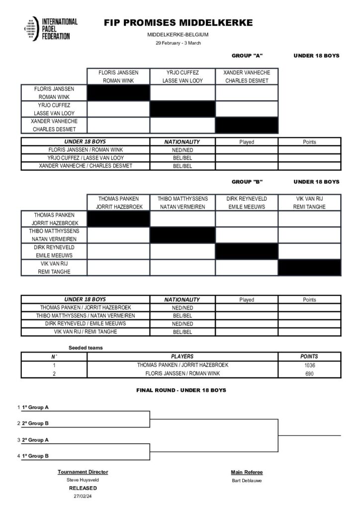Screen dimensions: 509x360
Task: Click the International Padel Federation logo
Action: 50,29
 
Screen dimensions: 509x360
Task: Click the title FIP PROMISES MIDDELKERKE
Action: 178,23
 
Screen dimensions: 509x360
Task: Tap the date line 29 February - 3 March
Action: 178,43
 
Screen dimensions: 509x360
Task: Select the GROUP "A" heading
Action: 247,56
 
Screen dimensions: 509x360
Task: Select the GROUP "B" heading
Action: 247,182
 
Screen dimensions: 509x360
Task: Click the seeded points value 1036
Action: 309,365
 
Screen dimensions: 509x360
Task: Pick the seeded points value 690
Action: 309,373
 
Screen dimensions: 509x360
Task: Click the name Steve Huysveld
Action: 83,480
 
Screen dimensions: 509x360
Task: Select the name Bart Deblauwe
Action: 246,480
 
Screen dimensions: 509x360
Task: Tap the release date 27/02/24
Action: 83,496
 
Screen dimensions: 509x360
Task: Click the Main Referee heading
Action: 246,472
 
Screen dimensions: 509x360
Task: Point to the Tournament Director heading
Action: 83,472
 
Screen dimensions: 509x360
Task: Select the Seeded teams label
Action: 86,347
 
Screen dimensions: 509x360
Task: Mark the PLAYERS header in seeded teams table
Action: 182,356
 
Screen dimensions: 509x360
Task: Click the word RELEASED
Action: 83,488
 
